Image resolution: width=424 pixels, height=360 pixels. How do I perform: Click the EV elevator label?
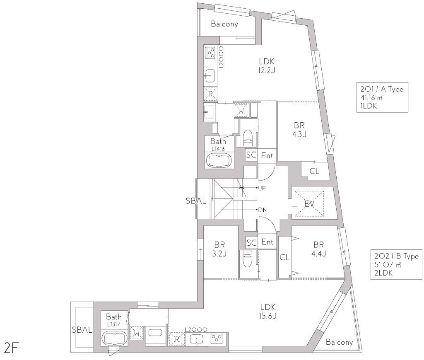coord(309,204)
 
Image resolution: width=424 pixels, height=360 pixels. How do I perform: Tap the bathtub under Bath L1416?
coord(219,160)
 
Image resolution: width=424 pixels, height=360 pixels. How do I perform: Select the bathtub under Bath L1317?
coord(115,338)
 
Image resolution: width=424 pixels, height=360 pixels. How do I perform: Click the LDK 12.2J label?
coord(267,66)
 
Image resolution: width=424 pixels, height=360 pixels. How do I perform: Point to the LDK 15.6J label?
coord(268,311)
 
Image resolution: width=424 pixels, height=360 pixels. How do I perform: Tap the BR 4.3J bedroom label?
coord(299,130)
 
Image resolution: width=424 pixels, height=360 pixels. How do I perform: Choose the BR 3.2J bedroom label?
coord(219,249)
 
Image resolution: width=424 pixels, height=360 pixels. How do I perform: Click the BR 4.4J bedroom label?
coord(318,249)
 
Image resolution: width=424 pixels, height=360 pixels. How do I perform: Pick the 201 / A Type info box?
coord(382,97)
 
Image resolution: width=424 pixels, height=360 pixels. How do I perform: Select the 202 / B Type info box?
coord(396,264)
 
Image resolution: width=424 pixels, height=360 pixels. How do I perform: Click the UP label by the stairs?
coord(262,188)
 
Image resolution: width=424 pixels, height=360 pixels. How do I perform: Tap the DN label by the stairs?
coord(262,210)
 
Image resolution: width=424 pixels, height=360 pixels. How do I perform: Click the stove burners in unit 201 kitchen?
coord(211,53)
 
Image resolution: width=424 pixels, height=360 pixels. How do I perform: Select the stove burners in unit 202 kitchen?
coord(217,338)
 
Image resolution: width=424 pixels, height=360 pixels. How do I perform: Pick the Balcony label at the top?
coord(224,24)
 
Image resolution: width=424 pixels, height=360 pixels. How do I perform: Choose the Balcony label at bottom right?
coord(339,342)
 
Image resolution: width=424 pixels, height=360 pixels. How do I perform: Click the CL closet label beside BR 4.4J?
coord(284,257)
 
